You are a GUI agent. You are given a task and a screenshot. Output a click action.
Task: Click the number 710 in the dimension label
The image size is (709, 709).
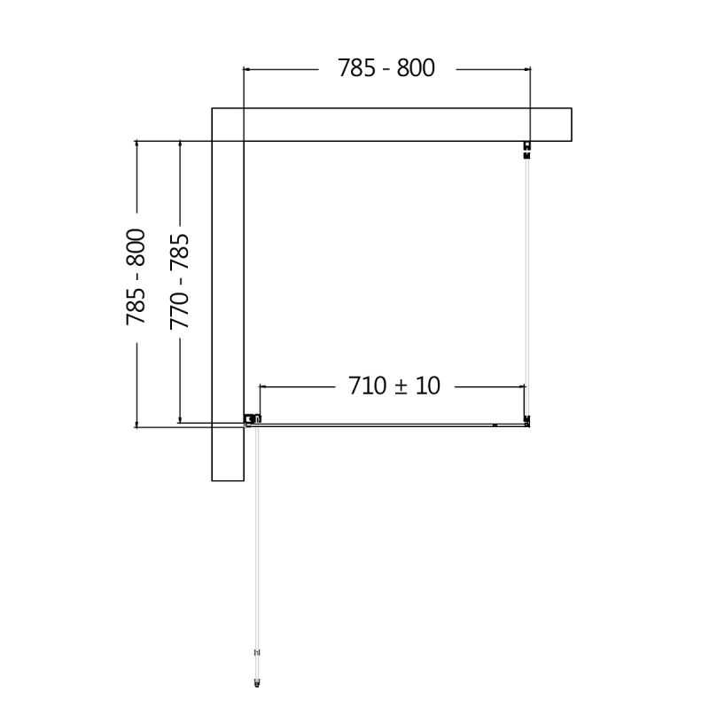367,386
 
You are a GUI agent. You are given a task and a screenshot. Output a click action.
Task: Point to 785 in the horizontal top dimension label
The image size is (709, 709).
357,67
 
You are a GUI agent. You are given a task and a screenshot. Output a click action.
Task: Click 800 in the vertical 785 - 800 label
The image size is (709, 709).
136,248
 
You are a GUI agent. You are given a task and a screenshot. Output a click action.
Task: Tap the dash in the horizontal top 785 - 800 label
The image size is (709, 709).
386,68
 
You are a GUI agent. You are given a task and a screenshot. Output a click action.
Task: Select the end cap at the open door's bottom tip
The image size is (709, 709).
257,682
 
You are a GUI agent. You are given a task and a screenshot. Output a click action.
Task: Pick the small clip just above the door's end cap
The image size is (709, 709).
257,653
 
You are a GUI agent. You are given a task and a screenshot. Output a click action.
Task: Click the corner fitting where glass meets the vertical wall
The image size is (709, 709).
253,419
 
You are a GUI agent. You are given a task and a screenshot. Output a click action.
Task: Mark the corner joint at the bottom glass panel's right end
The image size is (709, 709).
527,422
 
